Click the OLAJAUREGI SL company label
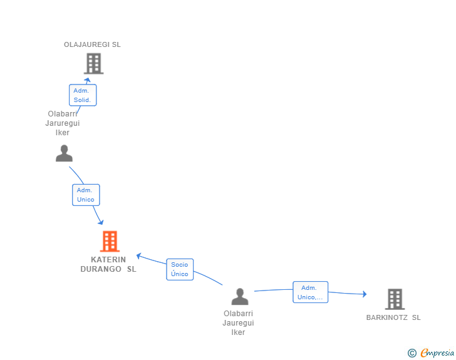tap(92, 44)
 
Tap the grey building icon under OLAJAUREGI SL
tap(94, 63)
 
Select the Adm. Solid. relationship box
tap(83, 95)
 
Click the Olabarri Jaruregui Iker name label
tap(63, 123)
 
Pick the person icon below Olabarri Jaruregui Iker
tap(64, 153)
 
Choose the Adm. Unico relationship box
tap(86, 195)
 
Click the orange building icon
tap(110, 241)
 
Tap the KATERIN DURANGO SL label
tap(108, 264)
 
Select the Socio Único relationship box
tap(180, 269)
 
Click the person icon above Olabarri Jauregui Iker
tap(240, 296)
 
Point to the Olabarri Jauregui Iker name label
tap(238, 323)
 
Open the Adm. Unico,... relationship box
tap(310, 292)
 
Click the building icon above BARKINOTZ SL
tap(395, 299)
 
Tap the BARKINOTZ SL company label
tap(393, 317)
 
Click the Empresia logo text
tap(437, 353)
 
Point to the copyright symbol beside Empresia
tap(412, 353)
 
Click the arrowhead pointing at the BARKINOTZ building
tap(365, 294)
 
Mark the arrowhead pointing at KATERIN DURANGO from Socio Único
tap(138, 256)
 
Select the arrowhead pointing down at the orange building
tap(101, 222)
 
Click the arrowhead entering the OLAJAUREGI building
tap(88, 80)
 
